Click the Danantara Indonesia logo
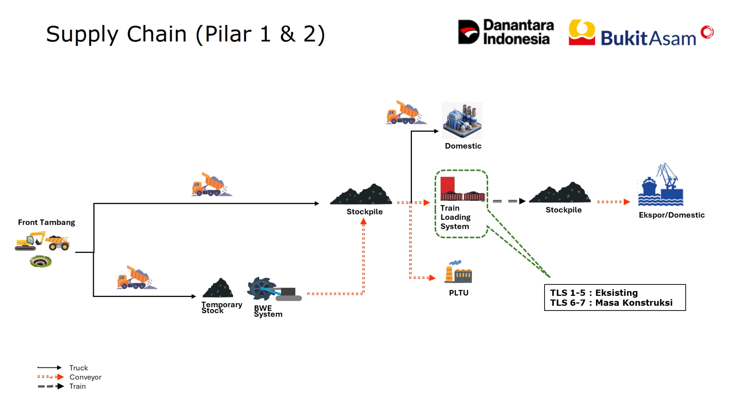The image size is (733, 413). point(506,32)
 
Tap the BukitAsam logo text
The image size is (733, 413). point(648,38)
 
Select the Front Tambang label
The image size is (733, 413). point(47,222)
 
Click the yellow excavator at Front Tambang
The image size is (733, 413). point(30,241)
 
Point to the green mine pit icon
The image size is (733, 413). point(41,261)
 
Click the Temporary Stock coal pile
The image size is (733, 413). point(218,288)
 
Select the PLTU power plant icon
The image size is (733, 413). point(458,272)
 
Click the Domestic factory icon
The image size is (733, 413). point(462,120)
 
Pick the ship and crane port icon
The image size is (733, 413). point(660,185)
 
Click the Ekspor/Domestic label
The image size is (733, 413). point(672,215)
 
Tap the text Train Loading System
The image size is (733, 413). point(455,217)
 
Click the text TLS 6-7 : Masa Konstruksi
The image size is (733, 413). point(611,303)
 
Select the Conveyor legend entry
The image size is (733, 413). point(69,377)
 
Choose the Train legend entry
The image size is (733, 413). point(62,386)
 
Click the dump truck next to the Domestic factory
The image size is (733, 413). point(406,113)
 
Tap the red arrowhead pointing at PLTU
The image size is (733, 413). point(432,278)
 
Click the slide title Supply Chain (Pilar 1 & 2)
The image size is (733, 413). point(185,34)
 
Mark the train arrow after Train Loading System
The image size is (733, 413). point(509,201)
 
